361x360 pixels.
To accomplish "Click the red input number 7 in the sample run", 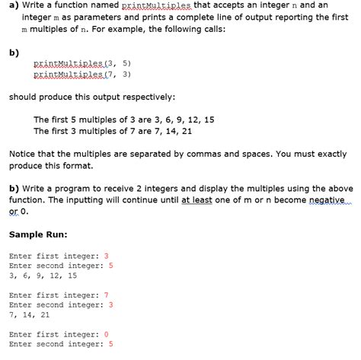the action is [x=107, y=295].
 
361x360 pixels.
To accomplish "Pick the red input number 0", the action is [x=107, y=334].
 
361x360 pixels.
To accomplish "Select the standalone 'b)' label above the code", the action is [x=14, y=53].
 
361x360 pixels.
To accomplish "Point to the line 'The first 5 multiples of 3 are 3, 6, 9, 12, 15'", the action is [x=123, y=119].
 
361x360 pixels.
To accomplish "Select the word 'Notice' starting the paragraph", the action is [x=24, y=154].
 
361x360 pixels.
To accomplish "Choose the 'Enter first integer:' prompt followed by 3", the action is [x=55, y=256].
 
